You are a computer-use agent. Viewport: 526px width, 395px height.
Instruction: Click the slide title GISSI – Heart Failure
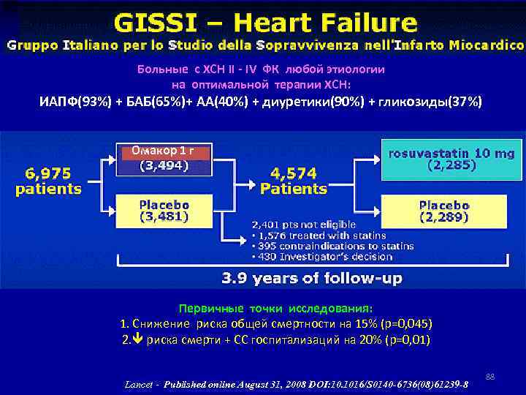[x=263, y=21]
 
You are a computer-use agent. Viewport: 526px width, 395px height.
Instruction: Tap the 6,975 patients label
[x=48, y=181]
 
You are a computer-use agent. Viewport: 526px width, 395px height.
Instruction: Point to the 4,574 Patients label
[x=294, y=181]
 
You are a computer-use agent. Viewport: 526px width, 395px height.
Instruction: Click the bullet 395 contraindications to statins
[x=332, y=246]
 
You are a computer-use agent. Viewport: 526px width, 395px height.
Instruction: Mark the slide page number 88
[x=490, y=377]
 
